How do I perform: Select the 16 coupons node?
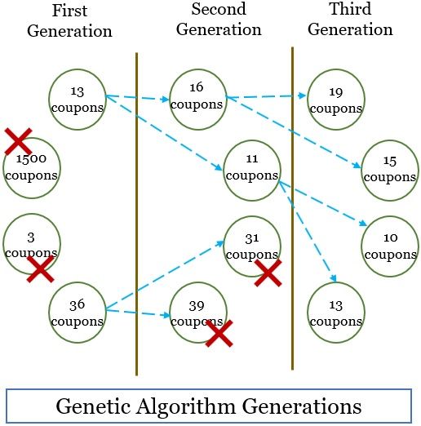coord(197,96)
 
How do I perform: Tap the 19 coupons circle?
coord(335,100)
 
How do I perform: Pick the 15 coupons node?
coord(389,171)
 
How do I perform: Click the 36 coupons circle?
coord(77,312)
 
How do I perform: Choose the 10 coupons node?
coord(389,244)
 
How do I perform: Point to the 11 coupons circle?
coord(251,169)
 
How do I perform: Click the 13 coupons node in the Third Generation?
coord(335,312)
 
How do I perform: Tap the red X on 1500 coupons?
coord(18,140)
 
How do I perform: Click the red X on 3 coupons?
coord(39,268)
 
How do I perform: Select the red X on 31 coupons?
coord(268,273)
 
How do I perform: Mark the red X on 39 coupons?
coord(219,333)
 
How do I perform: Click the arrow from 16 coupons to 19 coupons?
coord(266,96)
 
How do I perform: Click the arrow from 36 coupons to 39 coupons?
coord(137,313)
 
